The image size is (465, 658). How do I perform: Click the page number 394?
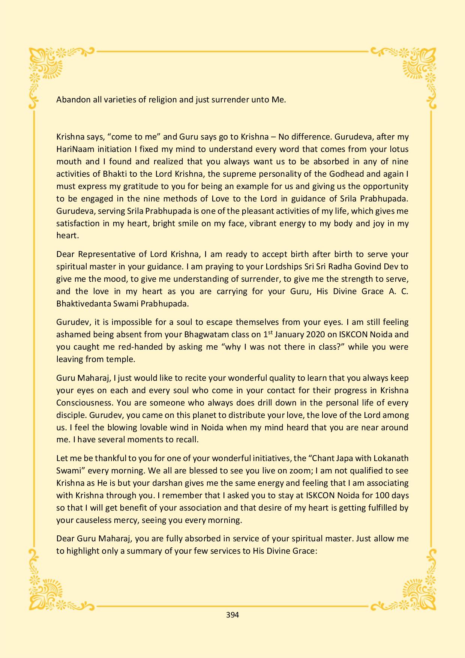(x=232, y=615)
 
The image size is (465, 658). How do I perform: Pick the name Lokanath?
(x=389, y=458)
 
